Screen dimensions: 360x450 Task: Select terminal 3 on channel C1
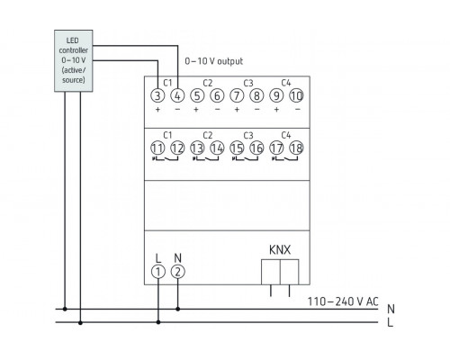coord(157,95)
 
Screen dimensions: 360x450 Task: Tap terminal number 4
coord(177,95)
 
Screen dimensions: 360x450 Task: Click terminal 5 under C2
coord(197,95)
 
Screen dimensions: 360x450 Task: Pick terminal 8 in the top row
coord(256,95)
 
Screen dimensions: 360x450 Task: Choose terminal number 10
coord(296,95)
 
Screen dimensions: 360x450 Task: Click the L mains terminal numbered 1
coord(157,271)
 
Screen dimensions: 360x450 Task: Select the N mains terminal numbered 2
coord(177,271)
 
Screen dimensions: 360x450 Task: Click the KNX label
coord(280,248)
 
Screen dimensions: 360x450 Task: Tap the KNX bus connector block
coord(280,272)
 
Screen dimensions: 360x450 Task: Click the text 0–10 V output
coord(214,60)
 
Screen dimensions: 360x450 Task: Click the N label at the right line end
coord(390,308)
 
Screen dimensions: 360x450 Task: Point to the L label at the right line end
coord(390,321)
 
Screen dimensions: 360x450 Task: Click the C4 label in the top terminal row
coord(286,82)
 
